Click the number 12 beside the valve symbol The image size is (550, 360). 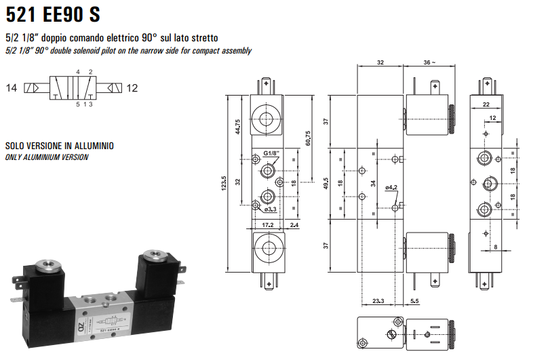[132, 87]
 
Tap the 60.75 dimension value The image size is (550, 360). [309, 138]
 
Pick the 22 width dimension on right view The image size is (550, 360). [486, 104]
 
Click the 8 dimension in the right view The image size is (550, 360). [496, 247]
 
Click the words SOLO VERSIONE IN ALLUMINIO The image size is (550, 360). [60, 146]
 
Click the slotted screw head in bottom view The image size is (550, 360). [389, 334]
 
